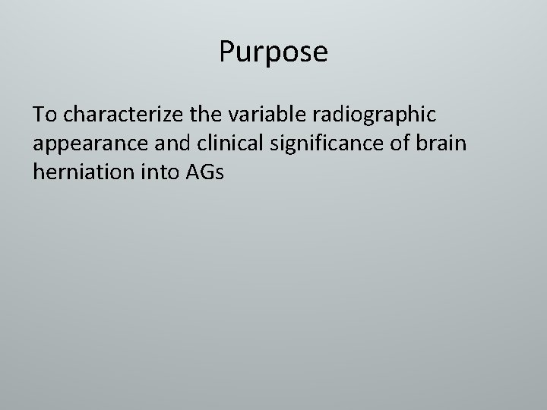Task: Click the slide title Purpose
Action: pyautogui.click(x=273, y=52)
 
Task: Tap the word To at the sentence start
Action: pyautogui.click(x=44, y=115)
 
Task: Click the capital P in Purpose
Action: pyautogui.click(x=227, y=52)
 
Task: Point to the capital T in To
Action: pyautogui.click(x=38, y=115)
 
